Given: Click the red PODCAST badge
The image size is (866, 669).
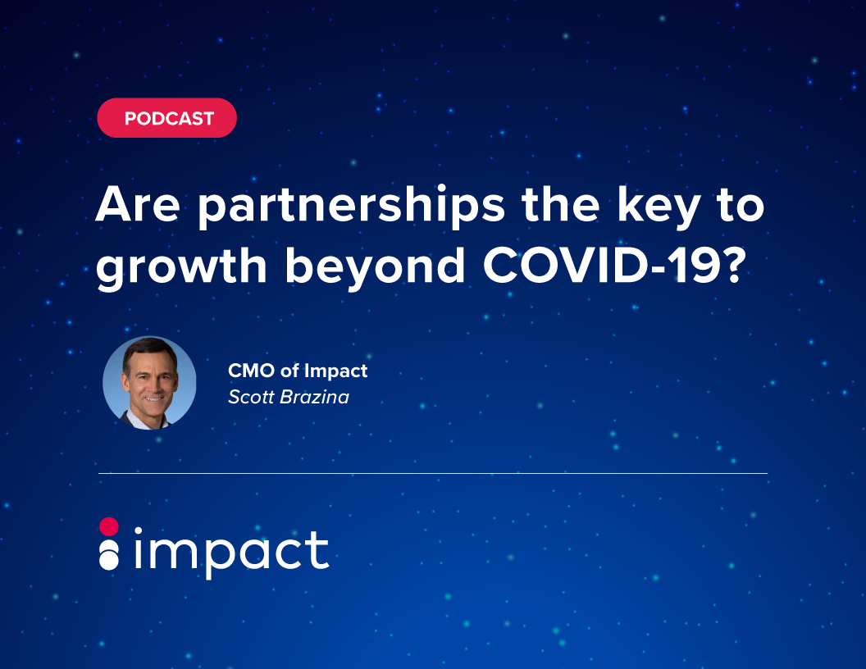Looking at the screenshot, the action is click(166, 117).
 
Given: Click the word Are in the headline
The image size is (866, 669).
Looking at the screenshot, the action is click(138, 204).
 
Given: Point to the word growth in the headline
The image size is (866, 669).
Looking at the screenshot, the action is click(181, 268).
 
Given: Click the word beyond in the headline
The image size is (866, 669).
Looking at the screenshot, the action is click(375, 268).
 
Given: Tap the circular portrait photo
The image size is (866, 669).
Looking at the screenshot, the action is click(149, 383).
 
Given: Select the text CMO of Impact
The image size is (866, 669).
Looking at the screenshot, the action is click(298, 371).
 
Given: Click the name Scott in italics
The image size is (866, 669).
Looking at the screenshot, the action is click(251, 397).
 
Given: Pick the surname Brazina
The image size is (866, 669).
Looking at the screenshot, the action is click(315, 397).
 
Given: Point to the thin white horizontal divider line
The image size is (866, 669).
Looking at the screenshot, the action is click(433, 474).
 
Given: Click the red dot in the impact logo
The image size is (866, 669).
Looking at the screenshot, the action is click(109, 526).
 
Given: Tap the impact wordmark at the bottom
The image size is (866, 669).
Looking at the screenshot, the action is click(232, 552).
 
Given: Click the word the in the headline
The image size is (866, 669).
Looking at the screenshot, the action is click(561, 204).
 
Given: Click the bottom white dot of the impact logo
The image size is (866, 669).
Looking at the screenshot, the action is click(109, 560).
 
